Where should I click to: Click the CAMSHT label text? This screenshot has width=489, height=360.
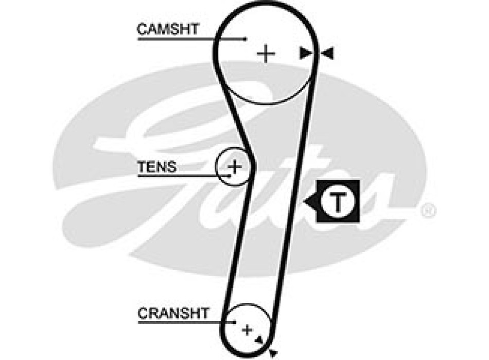coord(167,29)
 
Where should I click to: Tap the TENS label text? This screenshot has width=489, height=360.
coord(156,167)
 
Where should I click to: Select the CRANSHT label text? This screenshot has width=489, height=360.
coord(173,313)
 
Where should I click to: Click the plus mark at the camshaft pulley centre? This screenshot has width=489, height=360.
coord(266,53)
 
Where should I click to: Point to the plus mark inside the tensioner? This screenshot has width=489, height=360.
coord(235,167)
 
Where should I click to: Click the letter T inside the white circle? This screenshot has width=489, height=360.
coord(338,202)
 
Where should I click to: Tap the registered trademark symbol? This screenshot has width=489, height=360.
coord(429,210)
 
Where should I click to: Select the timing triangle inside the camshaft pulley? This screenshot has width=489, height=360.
coord(306,53)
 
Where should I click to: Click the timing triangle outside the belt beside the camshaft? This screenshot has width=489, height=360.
coord(328,53)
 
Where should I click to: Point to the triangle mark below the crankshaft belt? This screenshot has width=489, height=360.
coord(273,352)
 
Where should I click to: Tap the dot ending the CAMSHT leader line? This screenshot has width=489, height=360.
coord(246,39)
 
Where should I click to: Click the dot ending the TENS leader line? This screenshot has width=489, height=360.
coord(230,176)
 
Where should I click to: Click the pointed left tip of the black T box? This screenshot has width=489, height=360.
coord(305,202)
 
